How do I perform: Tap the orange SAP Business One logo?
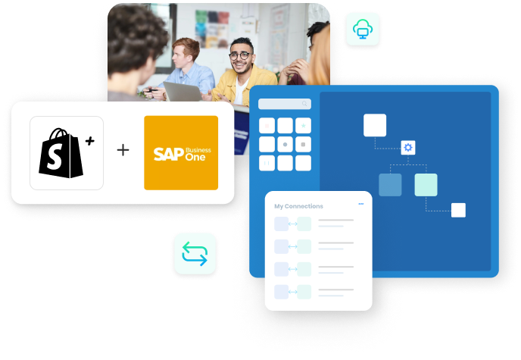click(x=181, y=152)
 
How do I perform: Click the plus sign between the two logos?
click(x=123, y=150)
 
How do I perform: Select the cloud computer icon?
click(x=363, y=30)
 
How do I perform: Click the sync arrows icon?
click(x=195, y=253)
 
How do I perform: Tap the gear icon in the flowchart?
click(x=408, y=147)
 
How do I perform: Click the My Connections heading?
click(x=298, y=206)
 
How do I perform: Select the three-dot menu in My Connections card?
click(x=360, y=204)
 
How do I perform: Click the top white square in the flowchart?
click(x=375, y=125)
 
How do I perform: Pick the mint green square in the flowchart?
click(x=426, y=185)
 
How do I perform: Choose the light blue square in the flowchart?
click(x=390, y=185)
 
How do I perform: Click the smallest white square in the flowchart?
click(x=458, y=210)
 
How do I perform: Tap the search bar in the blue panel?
click(x=285, y=104)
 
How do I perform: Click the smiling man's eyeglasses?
click(x=240, y=55)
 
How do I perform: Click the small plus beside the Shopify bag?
click(x=90, y=141)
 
